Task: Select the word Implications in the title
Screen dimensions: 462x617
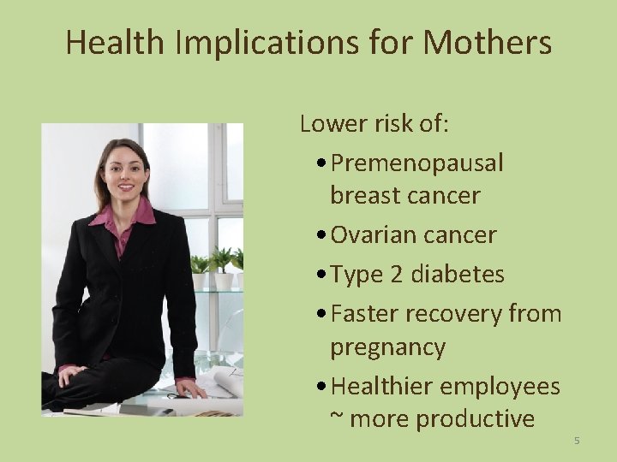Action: coord(258,43)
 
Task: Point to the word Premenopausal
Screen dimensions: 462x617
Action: coord(416,163)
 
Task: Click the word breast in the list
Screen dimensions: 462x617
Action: coord(365,195)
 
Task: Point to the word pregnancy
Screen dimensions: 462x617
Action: coord(387,348)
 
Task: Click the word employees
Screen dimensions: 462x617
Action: coord(500,387)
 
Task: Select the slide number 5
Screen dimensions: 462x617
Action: coord(577,441)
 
